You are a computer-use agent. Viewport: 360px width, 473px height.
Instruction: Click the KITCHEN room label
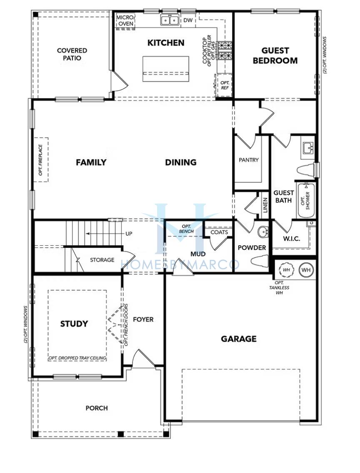(166, 43)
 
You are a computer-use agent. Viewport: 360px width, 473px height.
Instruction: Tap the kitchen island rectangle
(166, 69)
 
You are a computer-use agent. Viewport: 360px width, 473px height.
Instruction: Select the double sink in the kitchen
(170, 20)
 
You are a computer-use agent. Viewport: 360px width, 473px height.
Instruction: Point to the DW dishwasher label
(187, 20)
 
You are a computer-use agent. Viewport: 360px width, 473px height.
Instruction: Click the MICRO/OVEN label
(125, 20)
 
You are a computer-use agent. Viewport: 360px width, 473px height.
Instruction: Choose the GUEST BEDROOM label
(275, 55)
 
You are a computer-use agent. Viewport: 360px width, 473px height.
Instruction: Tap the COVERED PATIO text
(72, 54)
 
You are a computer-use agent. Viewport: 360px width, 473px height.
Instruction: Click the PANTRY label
(249, 160)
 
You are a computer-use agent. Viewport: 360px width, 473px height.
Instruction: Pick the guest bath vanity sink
(308, 147)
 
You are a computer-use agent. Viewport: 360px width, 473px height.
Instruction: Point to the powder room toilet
(260, 261)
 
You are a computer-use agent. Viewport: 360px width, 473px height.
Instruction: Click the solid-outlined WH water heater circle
(306, 270)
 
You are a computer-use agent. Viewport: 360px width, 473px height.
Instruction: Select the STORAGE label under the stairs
(102, 260)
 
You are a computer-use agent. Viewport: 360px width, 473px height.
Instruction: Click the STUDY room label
(74, 324)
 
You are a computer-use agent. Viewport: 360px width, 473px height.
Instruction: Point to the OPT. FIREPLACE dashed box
(41, 159)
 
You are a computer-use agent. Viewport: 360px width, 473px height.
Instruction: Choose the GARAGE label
(239, 339)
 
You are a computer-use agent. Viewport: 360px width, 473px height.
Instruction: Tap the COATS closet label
(219, 232)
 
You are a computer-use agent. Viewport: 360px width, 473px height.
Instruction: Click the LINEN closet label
(265, 205)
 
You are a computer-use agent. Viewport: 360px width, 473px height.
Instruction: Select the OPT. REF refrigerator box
(225, 86)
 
